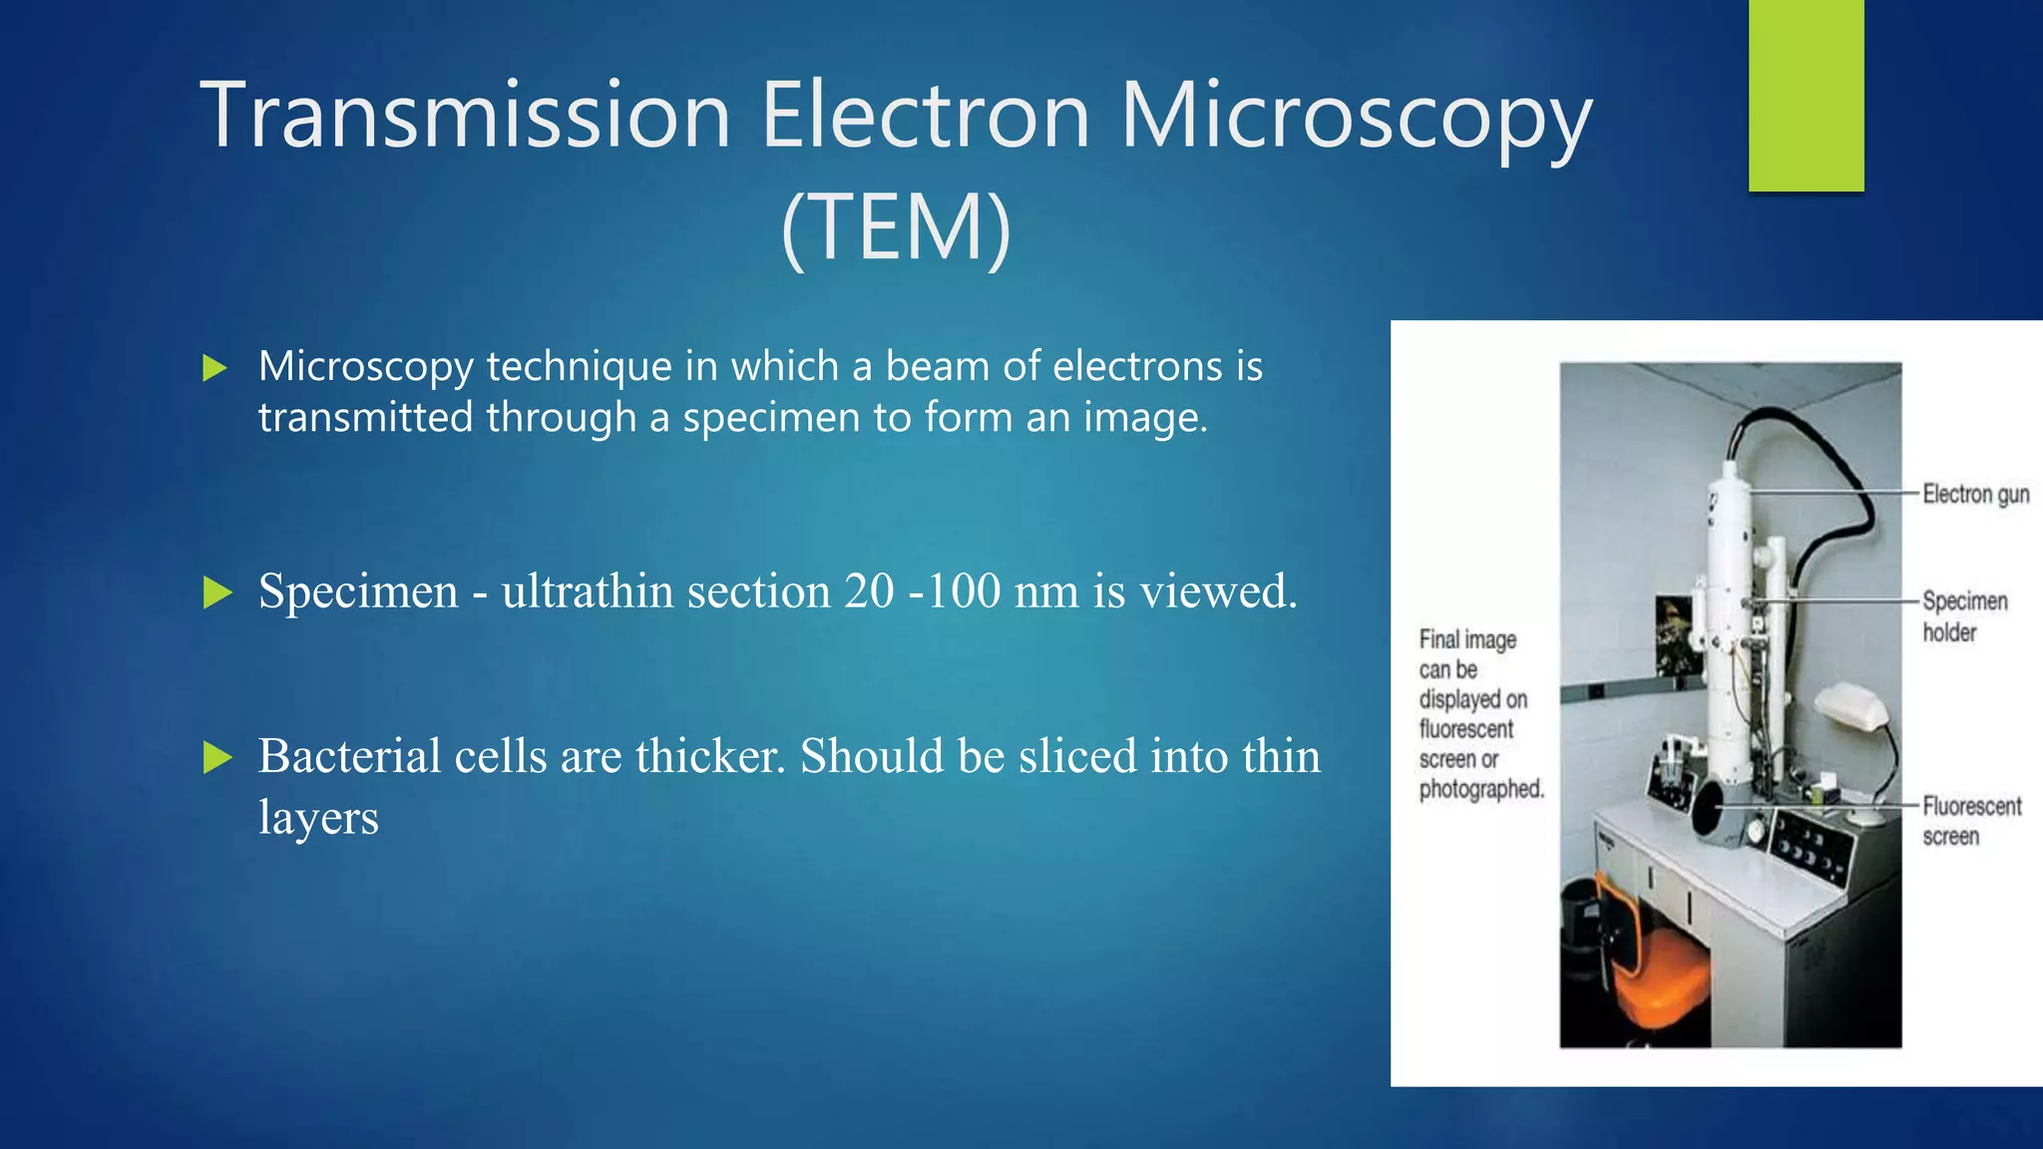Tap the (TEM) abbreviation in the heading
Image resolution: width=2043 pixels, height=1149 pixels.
tap(896, 229)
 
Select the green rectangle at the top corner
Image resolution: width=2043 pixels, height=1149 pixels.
tap(1806, 95)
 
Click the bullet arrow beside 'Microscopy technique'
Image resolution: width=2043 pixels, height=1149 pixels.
tap(214, 368)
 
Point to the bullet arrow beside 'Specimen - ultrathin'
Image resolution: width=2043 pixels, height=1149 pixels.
tap(216, 592)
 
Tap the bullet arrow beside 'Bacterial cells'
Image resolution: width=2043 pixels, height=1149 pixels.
tap(216, 758)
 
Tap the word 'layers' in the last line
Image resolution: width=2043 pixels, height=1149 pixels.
tap(318, 818)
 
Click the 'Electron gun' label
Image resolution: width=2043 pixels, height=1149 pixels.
tap(1975, 495)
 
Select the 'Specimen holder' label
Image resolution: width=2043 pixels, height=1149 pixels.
tap(1963, 616)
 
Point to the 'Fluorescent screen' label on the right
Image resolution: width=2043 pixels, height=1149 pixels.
tap(1970, 821)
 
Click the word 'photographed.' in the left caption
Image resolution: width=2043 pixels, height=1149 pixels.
tap(1481, 789)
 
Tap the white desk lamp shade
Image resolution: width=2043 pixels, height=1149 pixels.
tap(1851, 707)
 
